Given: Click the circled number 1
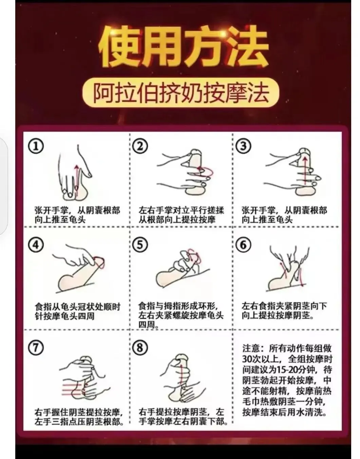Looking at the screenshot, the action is pyautogui.click(x=36, y=146).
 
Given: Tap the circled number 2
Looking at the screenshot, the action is pyautogui.click(x=140, y=146).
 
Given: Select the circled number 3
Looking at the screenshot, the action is pyautogui.click(x=243, y=146).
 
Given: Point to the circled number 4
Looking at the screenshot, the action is pyautogui.click(x=36, y=245).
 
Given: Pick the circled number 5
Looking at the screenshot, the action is pyautogui.click(x=140, y=245).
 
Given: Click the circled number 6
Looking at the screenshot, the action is pyautogui.click(x=243, y=245).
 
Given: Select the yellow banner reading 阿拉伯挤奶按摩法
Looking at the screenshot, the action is pyautogui.click(x=181, y=93).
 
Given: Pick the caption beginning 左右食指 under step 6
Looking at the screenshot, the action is pyautogui.click(x=284, y=311).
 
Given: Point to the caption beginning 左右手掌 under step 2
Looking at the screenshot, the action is pyautogui.click(x=181, y=215).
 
